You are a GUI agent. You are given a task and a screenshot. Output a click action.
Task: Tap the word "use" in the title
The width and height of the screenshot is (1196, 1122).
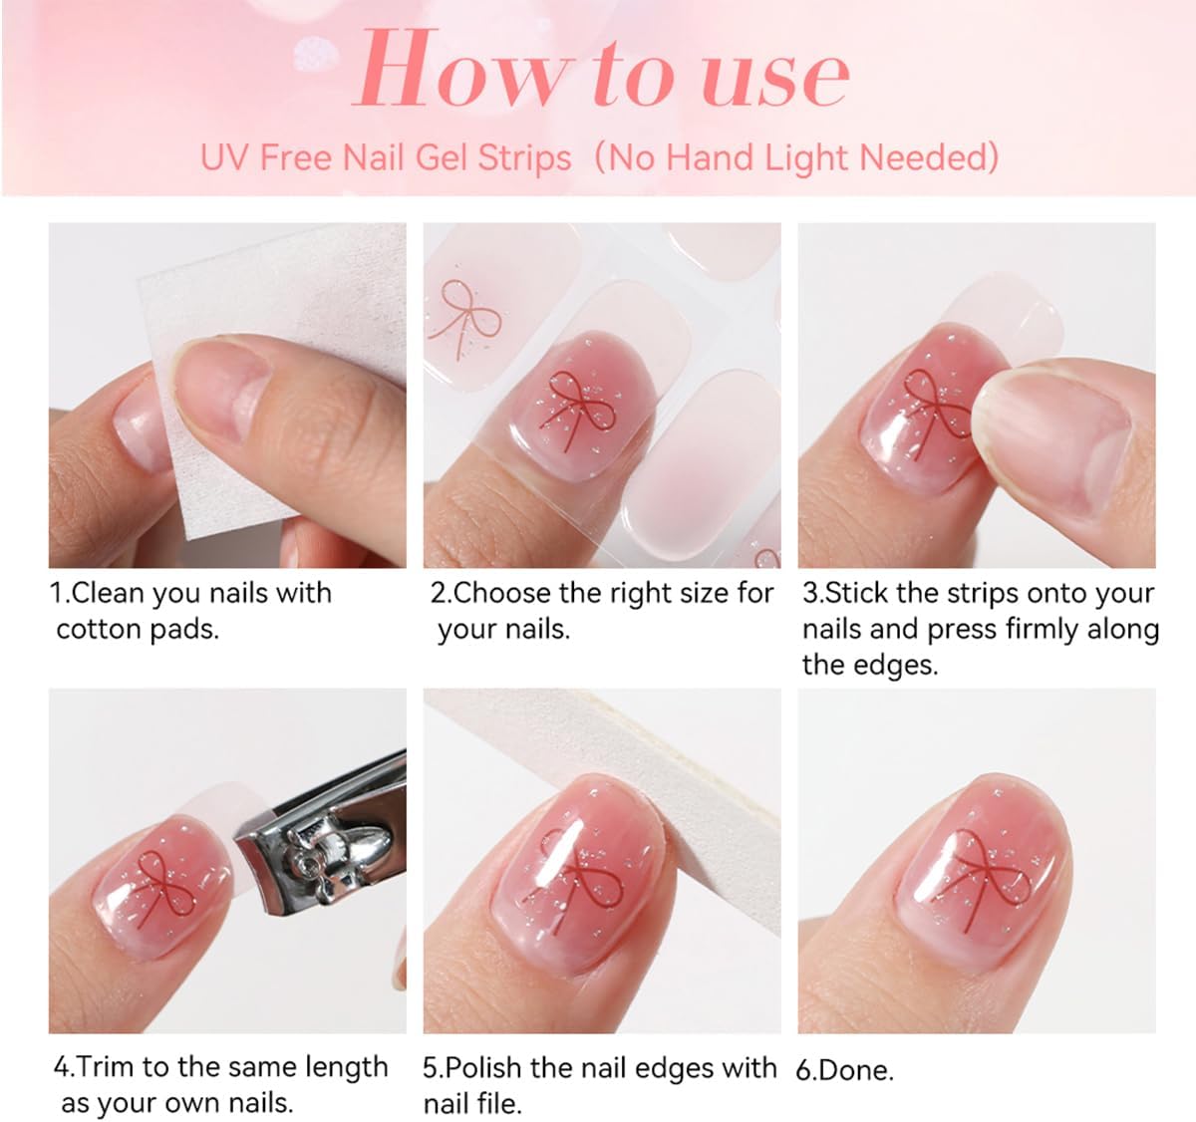pos(776,79)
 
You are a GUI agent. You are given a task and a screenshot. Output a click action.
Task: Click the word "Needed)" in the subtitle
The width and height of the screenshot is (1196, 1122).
pos(929,157)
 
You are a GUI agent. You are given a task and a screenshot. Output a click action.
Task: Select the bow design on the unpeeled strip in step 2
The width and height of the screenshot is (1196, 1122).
pos(463,318)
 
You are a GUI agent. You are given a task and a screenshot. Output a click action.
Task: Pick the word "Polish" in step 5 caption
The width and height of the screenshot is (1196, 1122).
pos(484,1068)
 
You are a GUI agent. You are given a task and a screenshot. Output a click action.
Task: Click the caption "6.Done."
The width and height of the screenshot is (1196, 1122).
pos(844,1070)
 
